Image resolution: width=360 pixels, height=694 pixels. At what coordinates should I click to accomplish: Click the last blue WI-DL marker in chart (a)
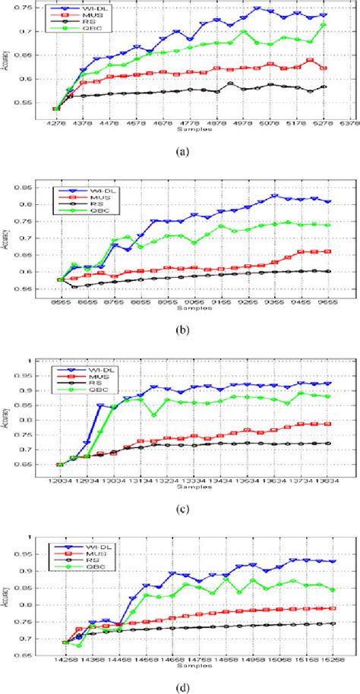(x=325, y=15)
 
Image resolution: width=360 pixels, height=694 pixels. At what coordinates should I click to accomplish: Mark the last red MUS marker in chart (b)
(x=328, y=251)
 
